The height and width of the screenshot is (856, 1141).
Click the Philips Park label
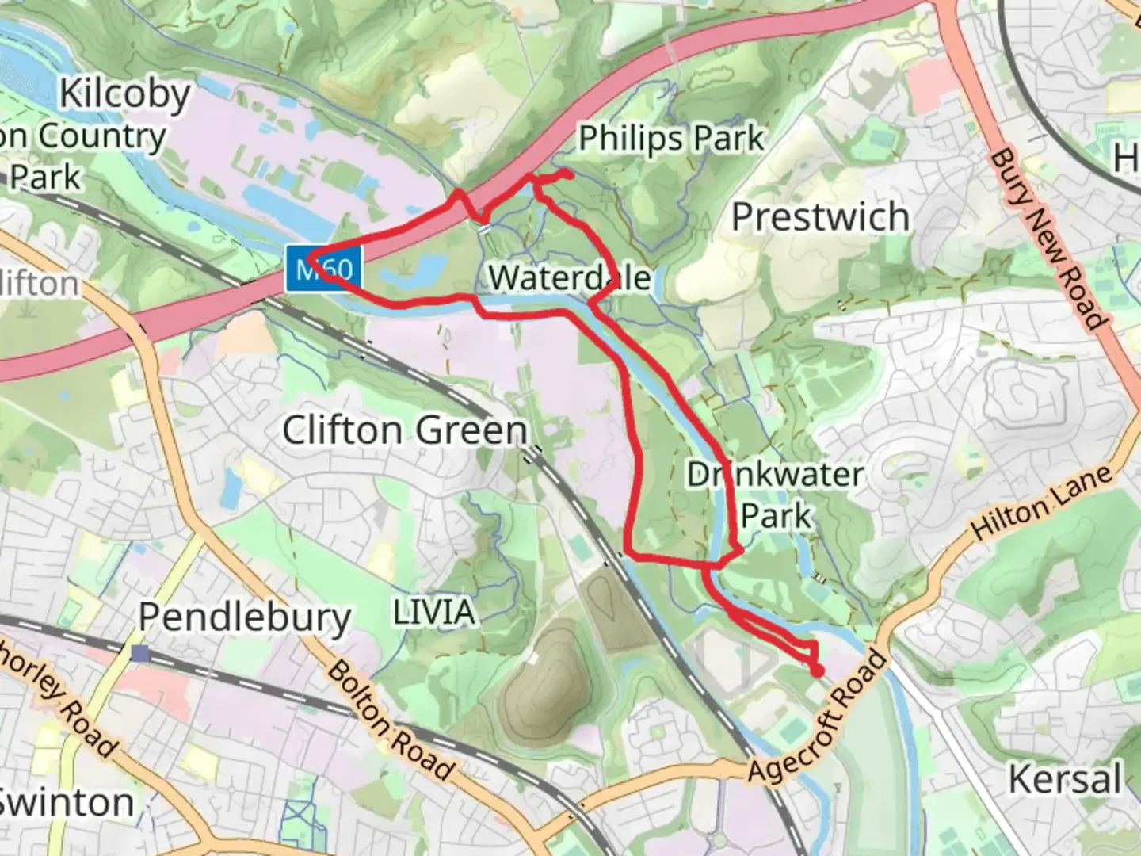click(670, 139)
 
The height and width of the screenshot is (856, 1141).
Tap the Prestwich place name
click(820, 217)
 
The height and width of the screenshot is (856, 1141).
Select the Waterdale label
click(569, 278)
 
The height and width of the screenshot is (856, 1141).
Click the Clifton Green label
click(405, 431)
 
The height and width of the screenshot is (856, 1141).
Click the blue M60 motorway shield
click(325, 269)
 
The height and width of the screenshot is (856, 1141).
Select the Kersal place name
click(1065, 779)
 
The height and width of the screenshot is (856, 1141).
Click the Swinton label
click(67, 802)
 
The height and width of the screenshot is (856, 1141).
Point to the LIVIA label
click(434, 613)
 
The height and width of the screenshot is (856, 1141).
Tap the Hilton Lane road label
click(1041, 503)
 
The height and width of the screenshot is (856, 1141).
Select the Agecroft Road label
click(817, 717)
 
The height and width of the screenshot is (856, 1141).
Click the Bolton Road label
click(391, 720)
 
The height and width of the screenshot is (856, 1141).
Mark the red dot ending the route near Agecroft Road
click(817, 671)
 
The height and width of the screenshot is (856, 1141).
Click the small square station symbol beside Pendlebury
click(141, 653)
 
